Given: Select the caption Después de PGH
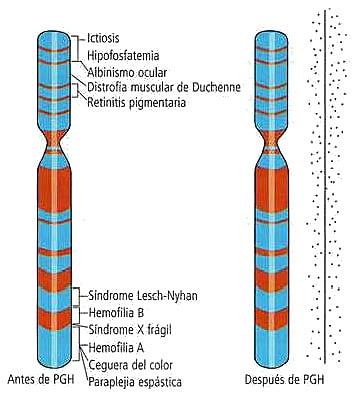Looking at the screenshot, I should coord(276,380).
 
